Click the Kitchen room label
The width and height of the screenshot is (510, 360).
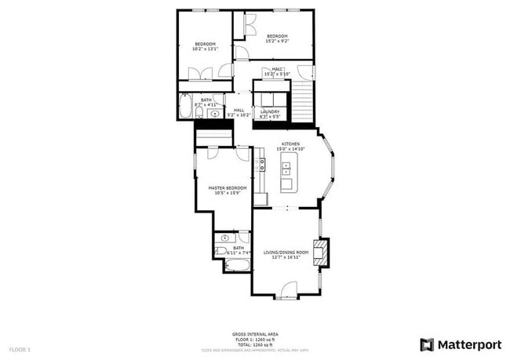tap(291, 144)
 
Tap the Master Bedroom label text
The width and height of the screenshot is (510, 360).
tap(228, 188)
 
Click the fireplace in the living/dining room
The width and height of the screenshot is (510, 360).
tap(320, 253)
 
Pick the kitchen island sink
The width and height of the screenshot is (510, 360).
tap(286, 168)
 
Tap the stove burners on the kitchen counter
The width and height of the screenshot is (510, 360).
tap(260, 165)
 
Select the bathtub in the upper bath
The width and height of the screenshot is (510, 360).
tap(185, 106)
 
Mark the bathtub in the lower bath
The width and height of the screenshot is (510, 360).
tap(237, 266)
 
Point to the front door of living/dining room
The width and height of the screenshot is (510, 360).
tap(289, 291)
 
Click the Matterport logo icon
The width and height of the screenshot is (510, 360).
tap(427, 344)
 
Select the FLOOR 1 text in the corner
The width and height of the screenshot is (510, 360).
tap(20, 348)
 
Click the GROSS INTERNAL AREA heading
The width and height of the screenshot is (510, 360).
tap(255, 333)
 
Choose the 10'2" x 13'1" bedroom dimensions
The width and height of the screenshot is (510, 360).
tap(206, 49)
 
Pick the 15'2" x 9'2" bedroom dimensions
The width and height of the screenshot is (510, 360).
tap(278, 42)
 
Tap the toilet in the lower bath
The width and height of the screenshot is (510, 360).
tap(221, 252)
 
